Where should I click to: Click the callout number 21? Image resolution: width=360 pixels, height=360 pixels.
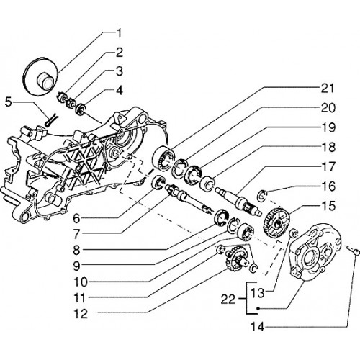(328, 89)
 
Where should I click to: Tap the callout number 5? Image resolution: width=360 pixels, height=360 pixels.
(9, 102)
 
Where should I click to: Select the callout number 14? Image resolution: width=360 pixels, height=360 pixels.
(257, 327)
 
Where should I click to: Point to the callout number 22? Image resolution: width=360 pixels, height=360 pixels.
(228, 300)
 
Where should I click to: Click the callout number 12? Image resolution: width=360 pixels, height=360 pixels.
(81, 314)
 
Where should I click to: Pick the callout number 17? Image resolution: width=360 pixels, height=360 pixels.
(328, 167)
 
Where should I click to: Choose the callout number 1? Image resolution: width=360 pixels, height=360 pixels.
(119, 34)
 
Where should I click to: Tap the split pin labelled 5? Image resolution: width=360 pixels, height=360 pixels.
(50, 119)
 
